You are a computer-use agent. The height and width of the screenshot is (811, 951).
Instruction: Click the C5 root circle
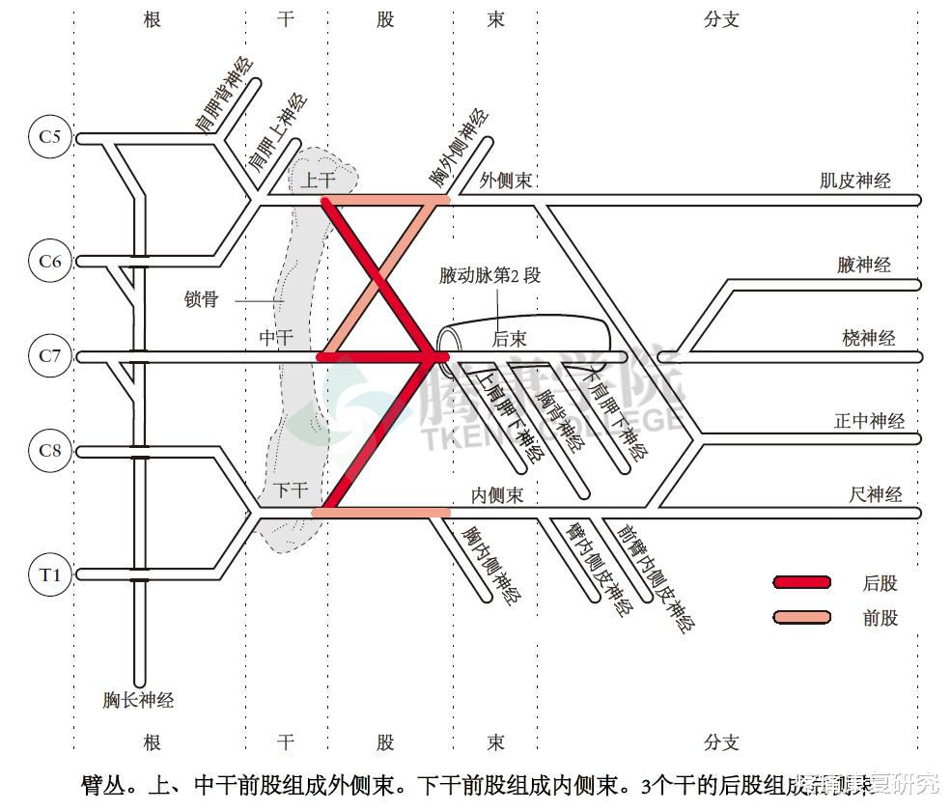click(49, 137)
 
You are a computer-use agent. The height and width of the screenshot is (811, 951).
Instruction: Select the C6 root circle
click(49, 261)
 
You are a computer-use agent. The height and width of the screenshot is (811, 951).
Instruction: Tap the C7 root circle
click(49, 356)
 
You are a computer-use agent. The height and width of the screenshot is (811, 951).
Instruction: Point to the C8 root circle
click(49, 451)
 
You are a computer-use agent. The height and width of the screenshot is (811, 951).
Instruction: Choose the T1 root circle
click(49, 575)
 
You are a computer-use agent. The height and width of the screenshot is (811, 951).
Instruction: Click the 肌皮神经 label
click(854, 181)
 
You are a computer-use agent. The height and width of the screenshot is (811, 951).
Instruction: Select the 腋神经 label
click(864, 265)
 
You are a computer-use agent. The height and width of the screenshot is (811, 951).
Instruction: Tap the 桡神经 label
click(868, 338)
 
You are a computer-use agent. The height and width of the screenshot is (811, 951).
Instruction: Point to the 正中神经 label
click(869, 421)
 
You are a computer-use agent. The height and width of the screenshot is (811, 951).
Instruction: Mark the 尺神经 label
click(876, 494)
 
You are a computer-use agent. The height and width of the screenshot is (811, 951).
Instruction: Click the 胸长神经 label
click(138, 700)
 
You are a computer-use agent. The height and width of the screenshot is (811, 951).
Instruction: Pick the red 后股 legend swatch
click(801, 582)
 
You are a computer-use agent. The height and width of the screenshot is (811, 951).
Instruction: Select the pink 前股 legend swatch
click(801, 617)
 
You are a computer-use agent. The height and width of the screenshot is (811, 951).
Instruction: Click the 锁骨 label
click(201, 299)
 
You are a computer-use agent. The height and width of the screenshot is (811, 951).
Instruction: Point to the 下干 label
click(290, 490)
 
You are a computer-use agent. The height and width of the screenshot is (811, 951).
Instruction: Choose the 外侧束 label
click(506, 181)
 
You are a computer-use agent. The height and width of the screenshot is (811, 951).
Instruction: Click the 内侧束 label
click(496, 495)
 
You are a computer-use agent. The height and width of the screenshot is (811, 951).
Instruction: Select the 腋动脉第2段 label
click(489, 276)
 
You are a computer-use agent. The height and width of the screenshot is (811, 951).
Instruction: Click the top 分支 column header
click(721, 19)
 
